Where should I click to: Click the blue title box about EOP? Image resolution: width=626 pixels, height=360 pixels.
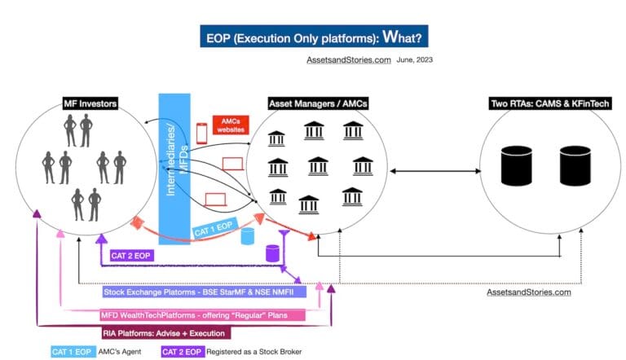313,37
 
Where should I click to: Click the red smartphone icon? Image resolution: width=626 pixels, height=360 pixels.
201,133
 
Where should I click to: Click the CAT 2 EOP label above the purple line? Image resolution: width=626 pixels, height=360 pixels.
130,255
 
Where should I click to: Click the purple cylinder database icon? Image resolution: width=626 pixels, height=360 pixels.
273,252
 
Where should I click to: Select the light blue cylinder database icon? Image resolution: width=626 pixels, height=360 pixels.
248,237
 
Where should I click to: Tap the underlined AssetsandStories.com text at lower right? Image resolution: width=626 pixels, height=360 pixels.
528,292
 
